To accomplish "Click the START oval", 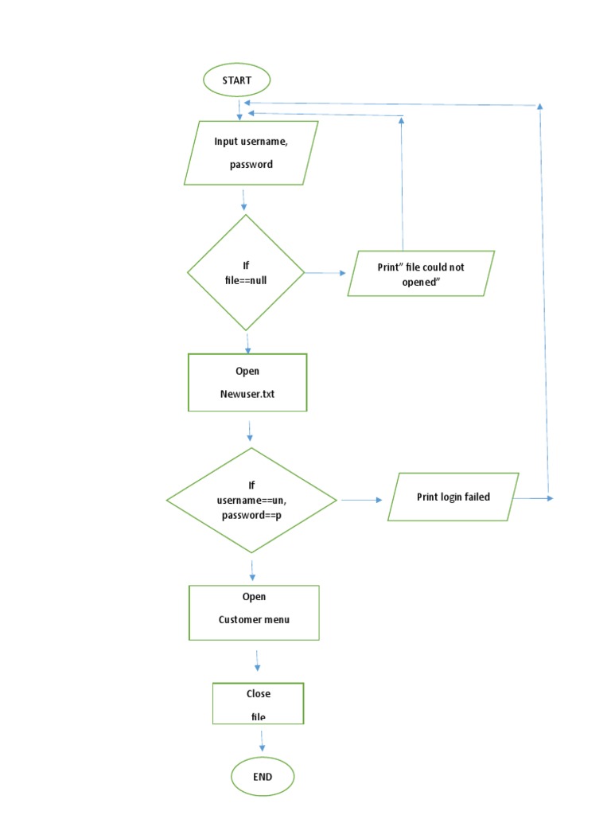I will [237, 80].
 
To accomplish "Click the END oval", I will [262, 777].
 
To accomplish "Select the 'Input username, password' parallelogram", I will [251, 152].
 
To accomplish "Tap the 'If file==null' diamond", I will [246, 272].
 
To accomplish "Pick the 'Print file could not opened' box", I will [421, 274].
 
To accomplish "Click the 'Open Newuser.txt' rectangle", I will [247, 383].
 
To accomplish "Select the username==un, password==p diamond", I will [251, 500].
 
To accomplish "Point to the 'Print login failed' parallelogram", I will [453, 497].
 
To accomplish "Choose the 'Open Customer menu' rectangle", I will [254, 612].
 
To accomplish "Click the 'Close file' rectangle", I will [258, 704].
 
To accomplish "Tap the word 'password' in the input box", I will [251, 165].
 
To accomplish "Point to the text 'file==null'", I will [246, 279].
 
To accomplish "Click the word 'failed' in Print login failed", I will [475, 497].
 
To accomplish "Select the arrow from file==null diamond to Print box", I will [326, 273].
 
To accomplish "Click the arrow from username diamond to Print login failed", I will [361, 501].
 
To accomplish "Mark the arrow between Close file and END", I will [262, 741].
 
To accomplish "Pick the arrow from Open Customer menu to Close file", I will [257, 661].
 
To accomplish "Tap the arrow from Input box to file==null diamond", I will [244, 199].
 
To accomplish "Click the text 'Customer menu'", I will [254, 619].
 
